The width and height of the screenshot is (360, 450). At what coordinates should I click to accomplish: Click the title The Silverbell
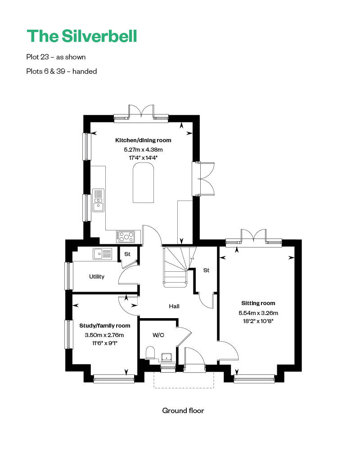click(81, 36)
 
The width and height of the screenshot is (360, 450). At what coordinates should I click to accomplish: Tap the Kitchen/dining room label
click(143, 140)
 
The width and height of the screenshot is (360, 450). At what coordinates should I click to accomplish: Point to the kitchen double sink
click(98, 200)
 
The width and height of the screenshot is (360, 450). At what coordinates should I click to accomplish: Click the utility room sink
click(103, 254)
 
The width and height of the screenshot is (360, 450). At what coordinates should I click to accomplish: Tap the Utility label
click(96, 277)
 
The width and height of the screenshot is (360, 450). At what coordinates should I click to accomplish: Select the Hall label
click(174, 306)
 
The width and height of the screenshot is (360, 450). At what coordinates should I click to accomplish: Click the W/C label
click(158, 335)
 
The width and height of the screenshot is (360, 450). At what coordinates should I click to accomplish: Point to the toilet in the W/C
click(151, 353)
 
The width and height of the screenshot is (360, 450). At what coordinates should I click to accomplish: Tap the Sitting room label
click(258, 303)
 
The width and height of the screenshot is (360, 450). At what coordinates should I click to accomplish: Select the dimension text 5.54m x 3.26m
click(258, 313)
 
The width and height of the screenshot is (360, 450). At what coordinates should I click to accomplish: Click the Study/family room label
click(104, 326)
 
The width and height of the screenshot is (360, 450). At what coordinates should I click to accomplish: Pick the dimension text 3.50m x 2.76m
click(104, 335)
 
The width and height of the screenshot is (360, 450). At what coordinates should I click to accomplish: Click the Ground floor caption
click(183, 411)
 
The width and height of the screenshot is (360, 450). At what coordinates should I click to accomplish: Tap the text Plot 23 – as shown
click(56, 57)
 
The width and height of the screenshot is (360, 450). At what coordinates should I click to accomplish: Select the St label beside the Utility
click(127, 254)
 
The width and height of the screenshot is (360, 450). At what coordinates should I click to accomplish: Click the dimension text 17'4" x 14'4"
click(143, 158)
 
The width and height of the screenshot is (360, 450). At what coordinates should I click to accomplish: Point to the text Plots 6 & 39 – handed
click(62, 71)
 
